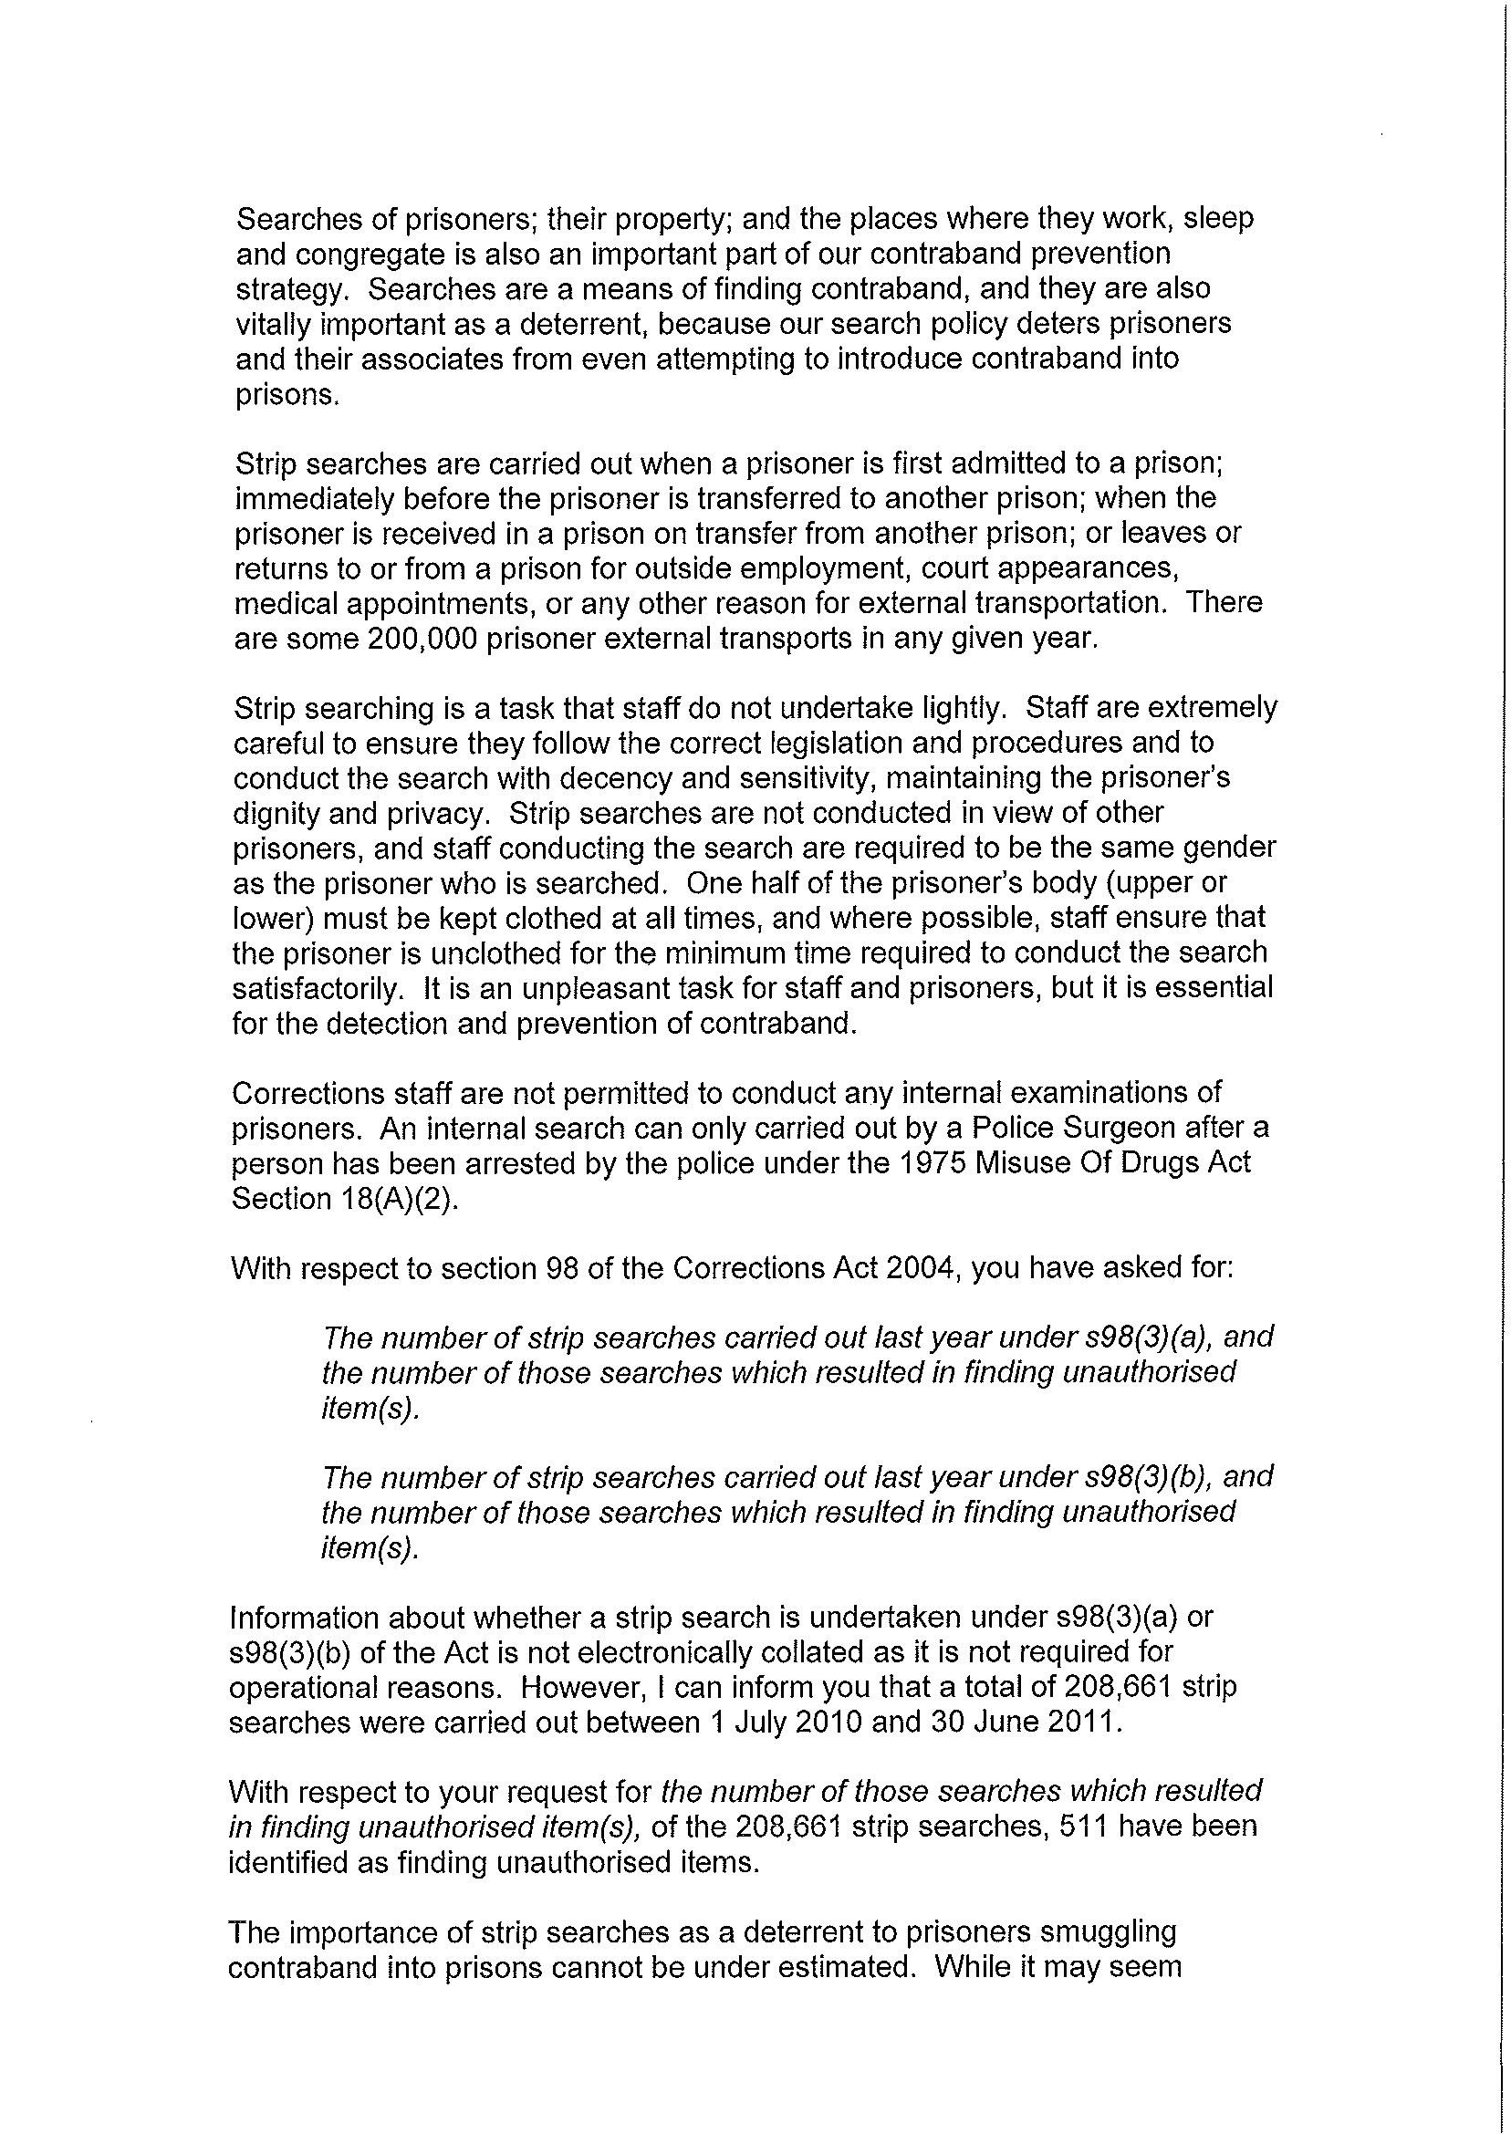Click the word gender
1228,848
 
